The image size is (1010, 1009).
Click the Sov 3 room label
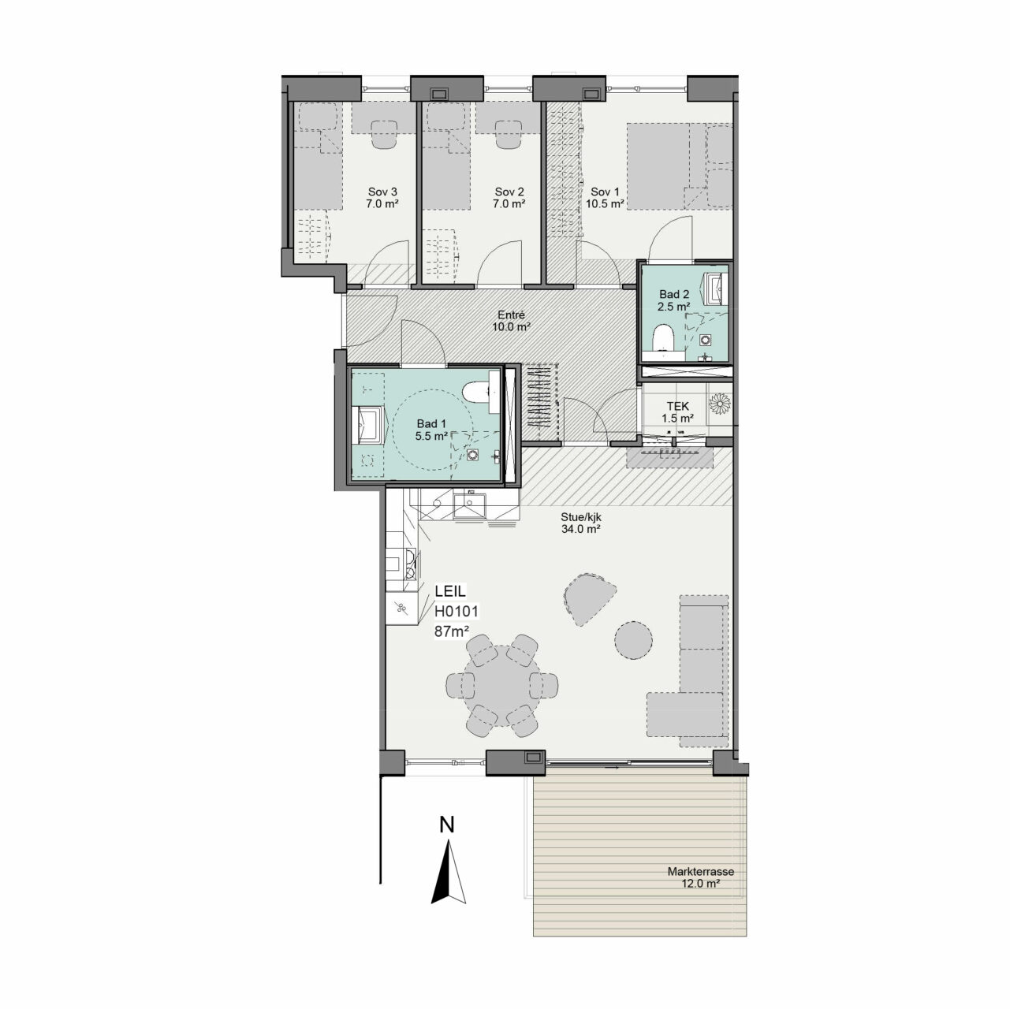382,198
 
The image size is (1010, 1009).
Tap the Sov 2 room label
509,198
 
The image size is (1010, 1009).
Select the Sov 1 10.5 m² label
605,198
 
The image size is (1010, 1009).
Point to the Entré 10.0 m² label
511,321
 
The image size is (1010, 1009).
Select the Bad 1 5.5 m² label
431,430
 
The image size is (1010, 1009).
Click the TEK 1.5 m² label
678,412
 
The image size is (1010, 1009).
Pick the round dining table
501,686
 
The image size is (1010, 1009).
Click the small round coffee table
633,639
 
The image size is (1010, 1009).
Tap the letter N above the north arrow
446,825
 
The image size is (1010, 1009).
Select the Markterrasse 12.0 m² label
700,877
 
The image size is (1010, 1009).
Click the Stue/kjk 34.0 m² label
581,523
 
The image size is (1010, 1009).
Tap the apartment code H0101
456,611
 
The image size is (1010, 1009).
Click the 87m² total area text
451,631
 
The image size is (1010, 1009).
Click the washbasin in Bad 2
716,289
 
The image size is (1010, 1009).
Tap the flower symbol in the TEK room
719,403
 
